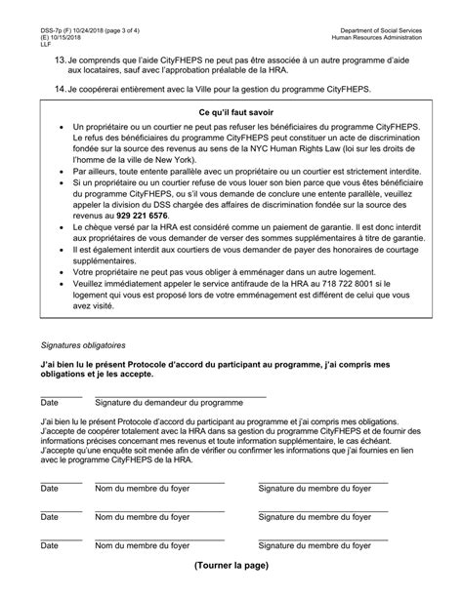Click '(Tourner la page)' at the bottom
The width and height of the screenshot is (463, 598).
tap(231, 565)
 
